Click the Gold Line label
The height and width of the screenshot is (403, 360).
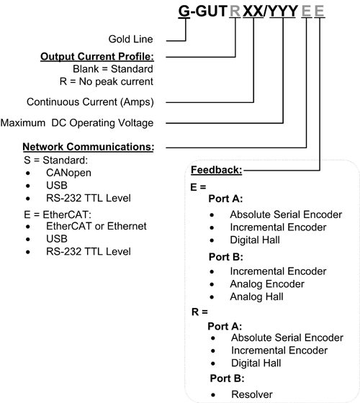tap(130, 39)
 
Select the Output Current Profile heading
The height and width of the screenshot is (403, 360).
tap(97, 57)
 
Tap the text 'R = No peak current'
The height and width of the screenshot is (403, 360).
tap(107, 81)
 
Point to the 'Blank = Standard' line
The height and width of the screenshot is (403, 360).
tap(113, 69)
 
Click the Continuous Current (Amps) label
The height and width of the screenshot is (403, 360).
tap(90, 102)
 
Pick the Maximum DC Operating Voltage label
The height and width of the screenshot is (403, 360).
tap(77, 123)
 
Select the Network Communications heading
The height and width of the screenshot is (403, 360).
tap(89, 147)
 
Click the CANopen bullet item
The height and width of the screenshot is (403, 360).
tap(68, 173)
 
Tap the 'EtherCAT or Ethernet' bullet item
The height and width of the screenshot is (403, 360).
tap(96, 226)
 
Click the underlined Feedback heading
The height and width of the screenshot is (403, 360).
tap(217, 170)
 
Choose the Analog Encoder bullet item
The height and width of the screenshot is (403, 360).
tap(267, 284)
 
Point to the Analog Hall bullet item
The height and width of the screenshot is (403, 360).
tap(256, 296)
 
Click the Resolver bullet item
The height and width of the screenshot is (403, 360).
tap(252, 394)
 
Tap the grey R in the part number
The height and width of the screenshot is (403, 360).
tap(235, 11)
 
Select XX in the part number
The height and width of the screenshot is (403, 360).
tap(253, 11)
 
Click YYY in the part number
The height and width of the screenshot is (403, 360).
tap(283, 11)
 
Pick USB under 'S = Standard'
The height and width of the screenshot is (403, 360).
tap(57, 186)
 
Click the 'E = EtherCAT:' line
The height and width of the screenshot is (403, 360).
tap(58, 214)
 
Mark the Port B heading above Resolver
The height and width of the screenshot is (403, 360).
tap(227, 379)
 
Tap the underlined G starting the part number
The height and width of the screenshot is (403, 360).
tap(184, 11)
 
